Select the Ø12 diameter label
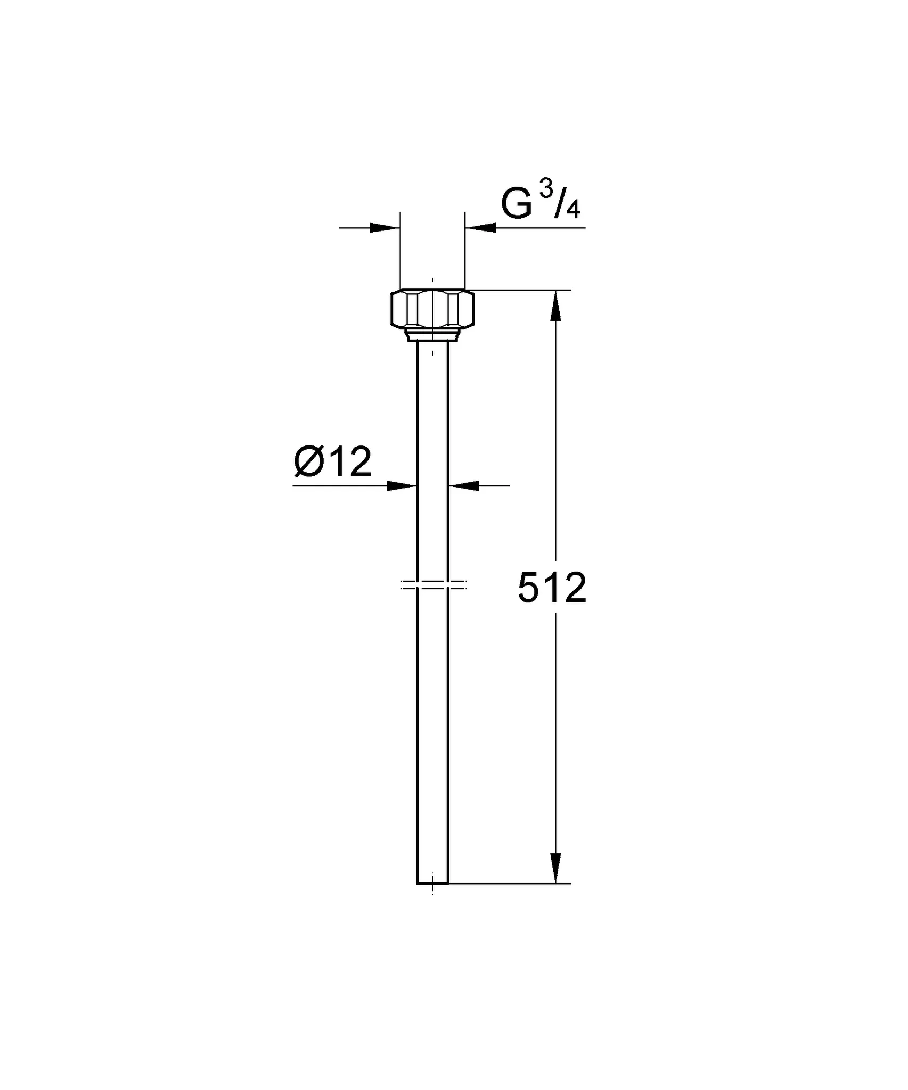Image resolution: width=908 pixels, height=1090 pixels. (x=332, y=463)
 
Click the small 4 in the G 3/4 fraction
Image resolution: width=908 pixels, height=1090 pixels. (x=572, y=211)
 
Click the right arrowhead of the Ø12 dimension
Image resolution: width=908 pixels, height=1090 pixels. (x=464, y=485)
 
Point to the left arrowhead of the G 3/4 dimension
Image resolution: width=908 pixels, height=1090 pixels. (x=385, y=228)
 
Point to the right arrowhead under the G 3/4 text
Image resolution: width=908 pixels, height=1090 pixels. (x=480, y=228)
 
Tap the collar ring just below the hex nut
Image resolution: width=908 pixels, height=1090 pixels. (x=432, y=335)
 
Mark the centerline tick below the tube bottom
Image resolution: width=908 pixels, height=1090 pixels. (x=432, y=891)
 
